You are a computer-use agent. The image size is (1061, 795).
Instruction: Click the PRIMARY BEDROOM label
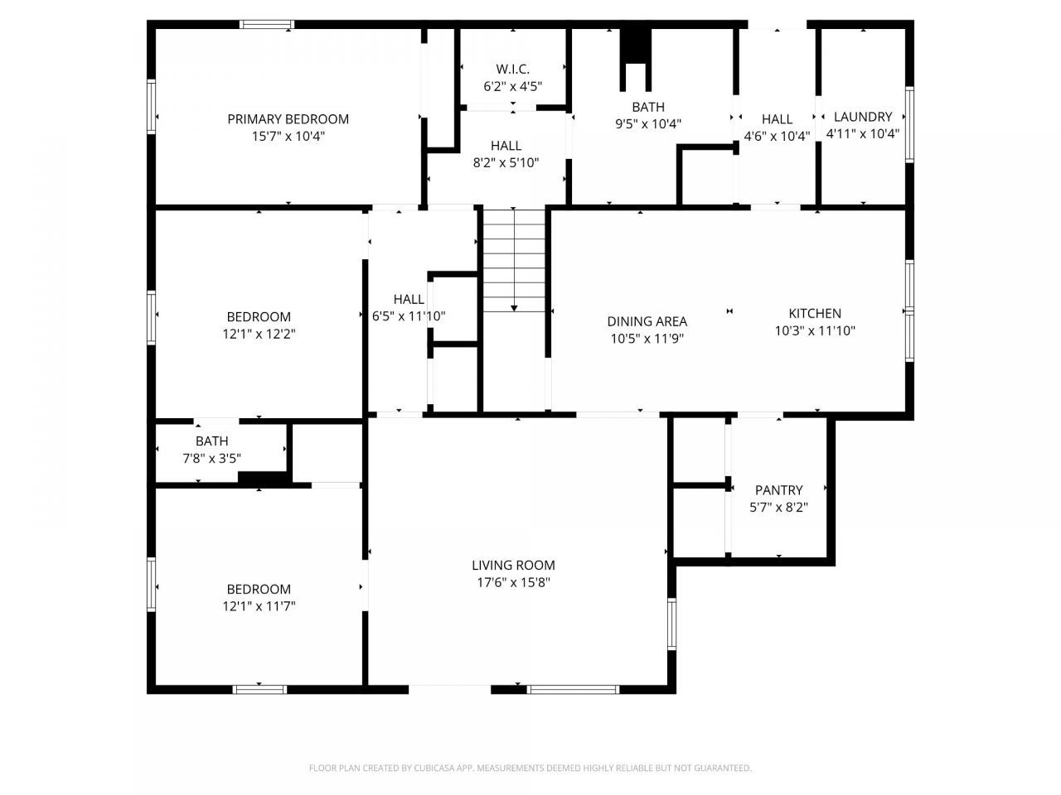pos(288,119)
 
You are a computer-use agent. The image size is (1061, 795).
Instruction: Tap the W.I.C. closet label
pos(512,69)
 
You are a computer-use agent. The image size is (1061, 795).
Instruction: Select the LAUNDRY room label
pos(863,117)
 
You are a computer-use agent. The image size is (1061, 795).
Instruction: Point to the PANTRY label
pos(778,490)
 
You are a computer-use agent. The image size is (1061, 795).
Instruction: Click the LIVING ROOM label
pos(513,565)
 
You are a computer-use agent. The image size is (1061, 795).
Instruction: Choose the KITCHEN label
pos(815,313)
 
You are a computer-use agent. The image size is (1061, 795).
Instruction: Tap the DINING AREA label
pos(647,321)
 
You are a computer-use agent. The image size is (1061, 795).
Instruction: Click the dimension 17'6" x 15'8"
pos(513,582)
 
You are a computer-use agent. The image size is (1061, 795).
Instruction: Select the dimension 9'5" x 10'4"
pos(648,124)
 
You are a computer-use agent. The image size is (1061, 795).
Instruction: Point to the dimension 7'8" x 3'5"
pos(211,458)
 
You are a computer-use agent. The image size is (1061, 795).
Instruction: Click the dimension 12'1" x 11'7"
pos(259,606)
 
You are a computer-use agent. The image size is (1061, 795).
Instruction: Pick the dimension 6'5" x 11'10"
pos(409,316)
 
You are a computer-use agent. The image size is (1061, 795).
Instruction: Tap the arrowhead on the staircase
pos(514,308)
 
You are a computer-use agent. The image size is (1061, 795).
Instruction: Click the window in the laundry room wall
pos(909,124)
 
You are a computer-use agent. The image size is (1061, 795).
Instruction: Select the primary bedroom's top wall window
pos(267,24)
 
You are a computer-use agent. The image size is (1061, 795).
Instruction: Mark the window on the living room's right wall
pos(672,624)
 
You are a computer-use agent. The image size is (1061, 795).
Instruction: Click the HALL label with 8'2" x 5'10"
pos(506,146)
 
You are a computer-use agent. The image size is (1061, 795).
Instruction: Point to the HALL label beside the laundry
pos(777,119)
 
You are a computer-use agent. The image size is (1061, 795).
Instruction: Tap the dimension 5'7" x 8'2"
pos(778,508)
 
